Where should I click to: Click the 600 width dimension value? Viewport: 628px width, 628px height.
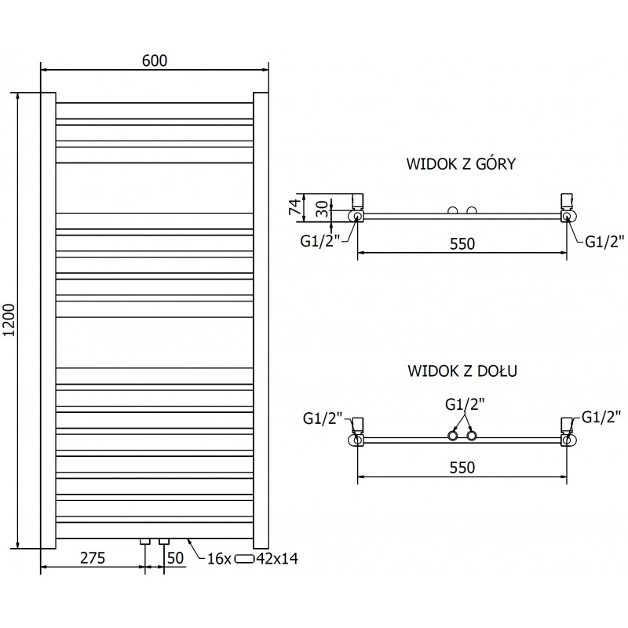coord(154,60)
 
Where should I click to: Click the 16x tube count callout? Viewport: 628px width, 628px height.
coord(219,559)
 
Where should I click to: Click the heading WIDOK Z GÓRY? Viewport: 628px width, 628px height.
coord(460,164)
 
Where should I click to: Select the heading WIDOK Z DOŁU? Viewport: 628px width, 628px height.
coord(460,371)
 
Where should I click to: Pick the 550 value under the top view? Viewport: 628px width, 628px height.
coord(462,244)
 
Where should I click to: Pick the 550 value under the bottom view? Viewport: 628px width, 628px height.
coord(462,467)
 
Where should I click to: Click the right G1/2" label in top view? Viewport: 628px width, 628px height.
coord(604,241)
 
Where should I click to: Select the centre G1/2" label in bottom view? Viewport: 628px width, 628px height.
coord(465,405)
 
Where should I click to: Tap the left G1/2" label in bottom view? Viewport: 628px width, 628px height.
coord(322,419)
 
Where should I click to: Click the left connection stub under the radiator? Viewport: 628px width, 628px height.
coord(145,541)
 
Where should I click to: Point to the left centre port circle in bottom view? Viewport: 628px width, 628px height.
coord(453,435)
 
